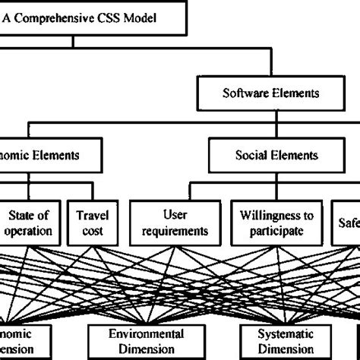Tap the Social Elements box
266,155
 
